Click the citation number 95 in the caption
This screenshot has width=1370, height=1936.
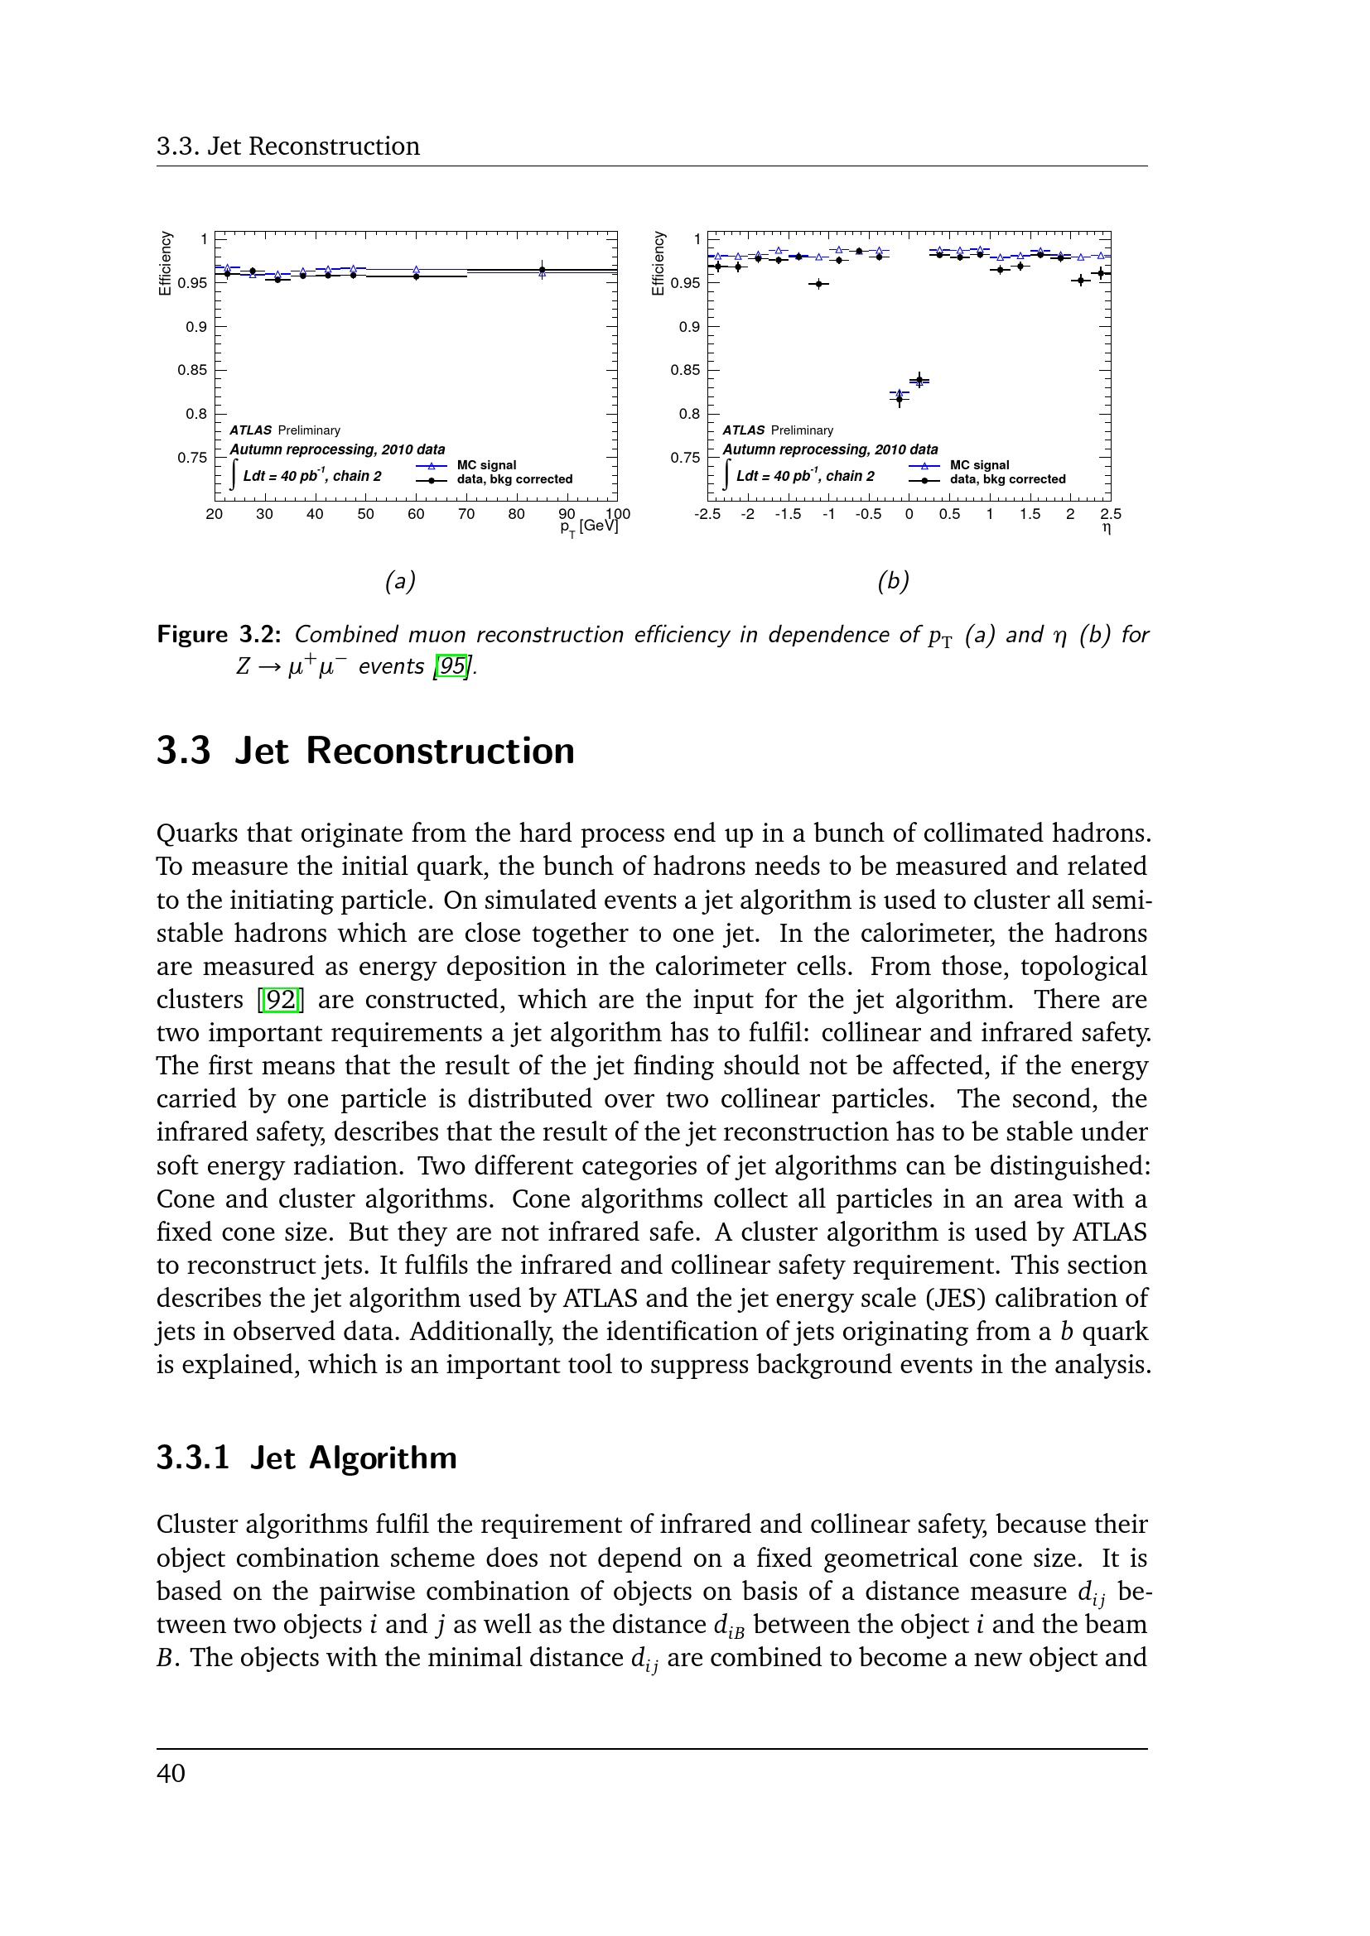tap(452, 667)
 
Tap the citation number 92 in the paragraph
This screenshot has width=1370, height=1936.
tap(281, 1000)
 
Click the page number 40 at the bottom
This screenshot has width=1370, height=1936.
tap(171, 1773)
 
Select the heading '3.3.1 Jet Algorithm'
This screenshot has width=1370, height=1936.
tap(306, 1458)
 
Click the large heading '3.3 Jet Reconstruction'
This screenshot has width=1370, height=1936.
tap(365, 752)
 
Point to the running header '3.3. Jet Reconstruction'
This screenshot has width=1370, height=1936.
tap(287, 147)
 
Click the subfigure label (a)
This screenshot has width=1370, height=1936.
tap(400, 581)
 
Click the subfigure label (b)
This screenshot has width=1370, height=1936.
tap(893, 581)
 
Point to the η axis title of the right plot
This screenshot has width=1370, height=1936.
tap(1107, 529)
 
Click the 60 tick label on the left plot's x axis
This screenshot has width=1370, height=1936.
tap(416, 514)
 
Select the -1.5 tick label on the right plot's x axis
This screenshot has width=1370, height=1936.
tap(788, 514)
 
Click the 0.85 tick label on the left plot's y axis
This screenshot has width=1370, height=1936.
tap(192, 370)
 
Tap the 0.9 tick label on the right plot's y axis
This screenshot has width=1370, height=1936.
tap(689, 327)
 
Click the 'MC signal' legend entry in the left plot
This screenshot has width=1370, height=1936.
tap(486, 465)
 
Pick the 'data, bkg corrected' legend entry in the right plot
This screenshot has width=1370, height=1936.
tap(1007, 480)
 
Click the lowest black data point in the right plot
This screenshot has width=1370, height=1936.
tap(900, 399)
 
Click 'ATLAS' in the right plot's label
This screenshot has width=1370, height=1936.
tap(743, 431)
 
